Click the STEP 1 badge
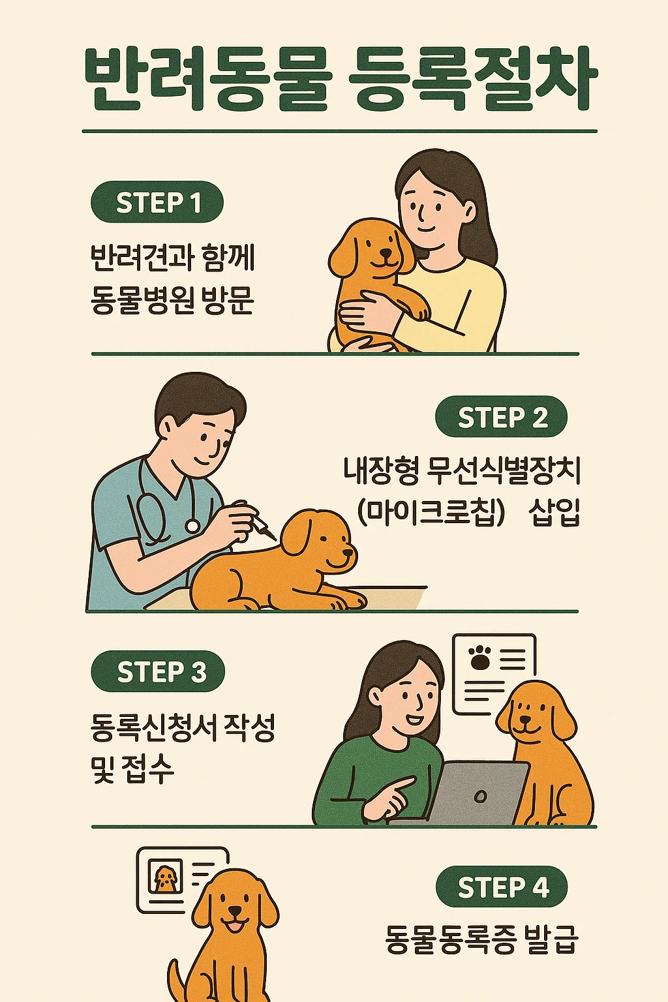(157, 202)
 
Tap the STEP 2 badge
(502, 417)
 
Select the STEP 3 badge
(159, 671)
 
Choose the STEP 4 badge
(502, 887)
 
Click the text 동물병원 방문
(172, 301)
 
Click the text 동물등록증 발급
(481, 939)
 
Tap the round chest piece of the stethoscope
(192, 525)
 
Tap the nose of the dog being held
(387, 253)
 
